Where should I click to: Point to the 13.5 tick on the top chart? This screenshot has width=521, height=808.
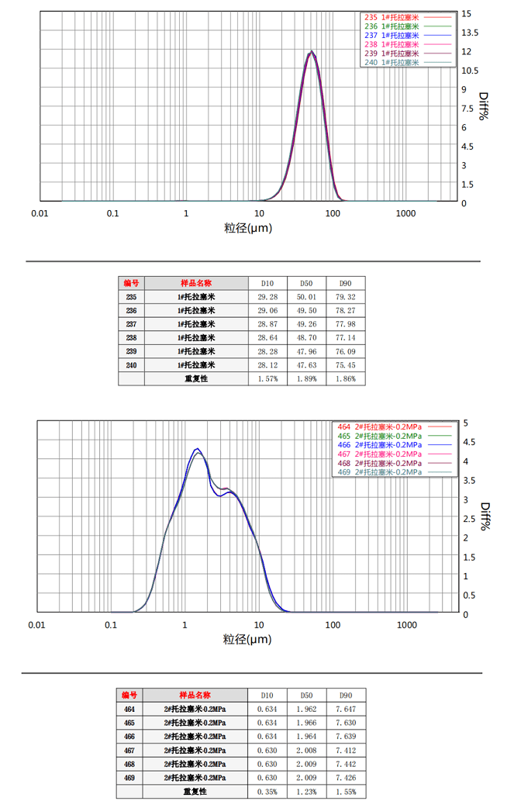[x=471, y=33]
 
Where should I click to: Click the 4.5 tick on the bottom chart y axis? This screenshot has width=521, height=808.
[x=466, y=442]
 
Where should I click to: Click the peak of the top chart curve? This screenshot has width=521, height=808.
[x=312, y=52]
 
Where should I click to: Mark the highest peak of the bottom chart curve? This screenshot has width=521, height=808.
[x=197, y=449]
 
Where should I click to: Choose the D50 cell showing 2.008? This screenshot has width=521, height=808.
[x=306, y=750]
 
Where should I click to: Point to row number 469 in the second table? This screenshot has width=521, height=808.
[x=129, y=778]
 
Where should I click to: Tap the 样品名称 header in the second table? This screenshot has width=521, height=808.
[x=195, y=695]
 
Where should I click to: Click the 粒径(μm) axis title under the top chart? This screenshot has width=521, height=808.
[x=248, y=228]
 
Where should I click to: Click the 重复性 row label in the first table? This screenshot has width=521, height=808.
[x=195, y=379]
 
